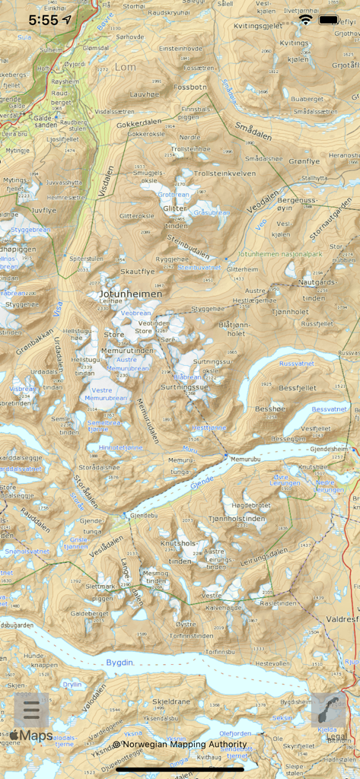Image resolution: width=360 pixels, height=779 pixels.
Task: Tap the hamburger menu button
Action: click(31, 711)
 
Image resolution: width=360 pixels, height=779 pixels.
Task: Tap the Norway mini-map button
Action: click(329, 711)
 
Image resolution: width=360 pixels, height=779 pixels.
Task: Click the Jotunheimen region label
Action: click(130, 294)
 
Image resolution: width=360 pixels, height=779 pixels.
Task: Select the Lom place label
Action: click(126, 67)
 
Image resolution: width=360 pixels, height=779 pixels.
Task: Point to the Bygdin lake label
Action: click(119, 663)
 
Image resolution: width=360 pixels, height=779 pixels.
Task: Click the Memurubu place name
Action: click(244, 459)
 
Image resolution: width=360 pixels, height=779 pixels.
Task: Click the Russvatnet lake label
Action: click(296, 364)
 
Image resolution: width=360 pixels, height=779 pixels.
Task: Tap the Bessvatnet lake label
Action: click(329, 409)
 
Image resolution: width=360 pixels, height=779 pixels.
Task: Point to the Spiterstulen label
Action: click(86, 259)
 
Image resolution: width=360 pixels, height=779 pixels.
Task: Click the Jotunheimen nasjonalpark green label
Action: click(280, 253)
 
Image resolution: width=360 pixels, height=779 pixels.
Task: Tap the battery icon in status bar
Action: click(329, 20)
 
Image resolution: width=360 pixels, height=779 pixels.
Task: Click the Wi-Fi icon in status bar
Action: click(306, 20)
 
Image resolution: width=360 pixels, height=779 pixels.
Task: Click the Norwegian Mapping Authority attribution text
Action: click(180, 744)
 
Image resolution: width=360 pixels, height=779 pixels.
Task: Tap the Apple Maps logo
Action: click(30, 736)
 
